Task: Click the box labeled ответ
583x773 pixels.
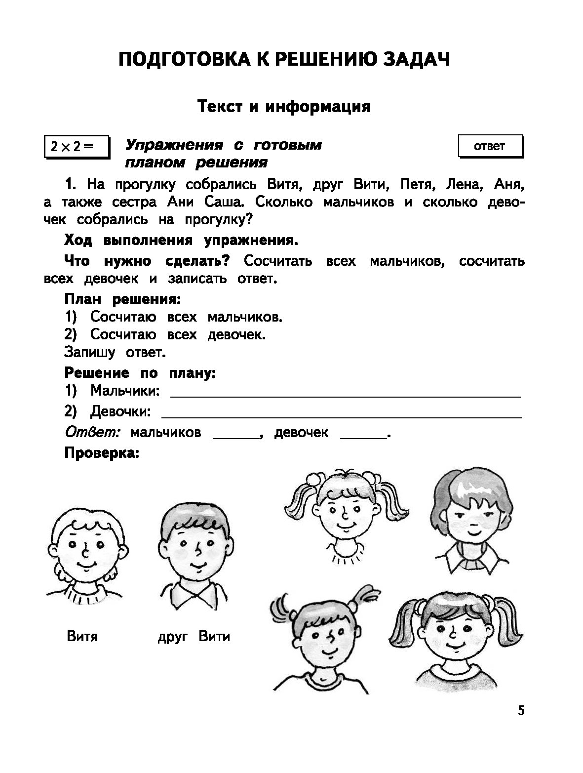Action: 490,146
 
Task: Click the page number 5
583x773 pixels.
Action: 521,711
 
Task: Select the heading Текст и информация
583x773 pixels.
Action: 284,106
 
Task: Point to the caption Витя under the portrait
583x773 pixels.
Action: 82,636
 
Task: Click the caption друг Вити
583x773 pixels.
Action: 194,636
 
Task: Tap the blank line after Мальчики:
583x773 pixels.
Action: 346,395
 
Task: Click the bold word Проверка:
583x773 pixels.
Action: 102,453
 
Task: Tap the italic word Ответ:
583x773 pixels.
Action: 93,432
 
